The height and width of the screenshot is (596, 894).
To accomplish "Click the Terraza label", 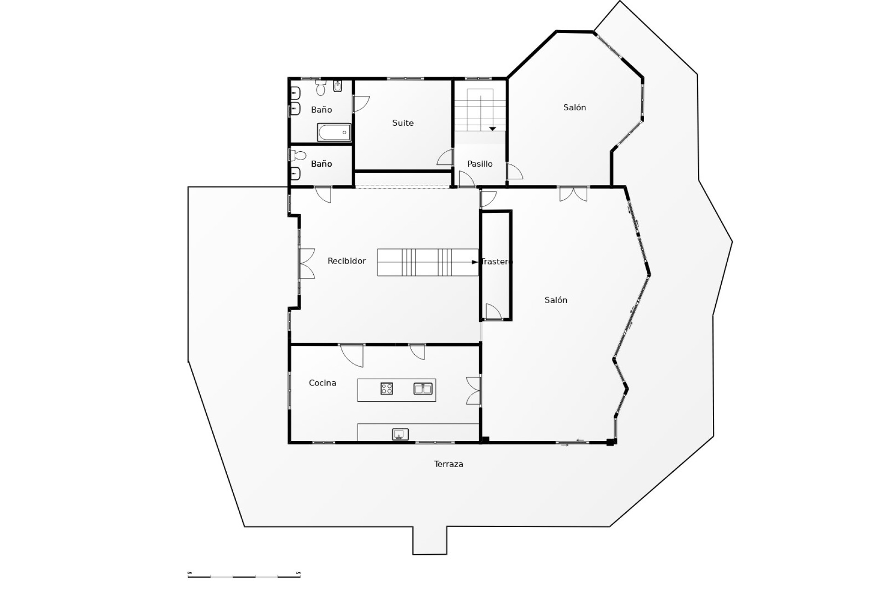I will click(x=448, y=464).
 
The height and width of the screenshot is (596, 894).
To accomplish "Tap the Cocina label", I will click(x=322, y=383).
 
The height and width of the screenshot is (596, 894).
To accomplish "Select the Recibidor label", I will click(x=346, y=261).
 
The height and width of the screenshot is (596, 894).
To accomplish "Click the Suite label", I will click(x=403, y=123).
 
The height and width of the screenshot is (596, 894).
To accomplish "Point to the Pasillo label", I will click(x=480, y=164).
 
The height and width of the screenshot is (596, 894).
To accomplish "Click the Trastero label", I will click(x=496, y=262).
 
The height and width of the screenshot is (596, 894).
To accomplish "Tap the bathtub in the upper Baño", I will click(x=334, y=132).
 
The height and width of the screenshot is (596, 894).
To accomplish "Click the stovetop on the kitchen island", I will click(x=386, y=388).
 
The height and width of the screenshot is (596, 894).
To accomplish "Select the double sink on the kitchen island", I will click(x=423, y=388).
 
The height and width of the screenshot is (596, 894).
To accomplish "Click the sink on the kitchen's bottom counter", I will click(x=400, y=434).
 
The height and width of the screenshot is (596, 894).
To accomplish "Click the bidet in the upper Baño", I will click(x=338, y=86).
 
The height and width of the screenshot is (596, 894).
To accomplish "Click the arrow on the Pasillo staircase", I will click(x=492, y=129).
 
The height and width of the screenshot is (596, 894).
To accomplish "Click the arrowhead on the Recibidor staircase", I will click(x=474, y=262).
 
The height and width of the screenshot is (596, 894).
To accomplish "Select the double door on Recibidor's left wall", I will click(x=306, y=264).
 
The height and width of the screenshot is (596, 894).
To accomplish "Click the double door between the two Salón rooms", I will click(x=573, y=194).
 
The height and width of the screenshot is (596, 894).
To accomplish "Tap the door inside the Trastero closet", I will click(x=494, y=312).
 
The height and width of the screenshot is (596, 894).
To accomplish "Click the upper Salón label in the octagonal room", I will click(x=575, y=108).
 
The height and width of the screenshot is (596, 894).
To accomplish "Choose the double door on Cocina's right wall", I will click(x=473, y=390).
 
